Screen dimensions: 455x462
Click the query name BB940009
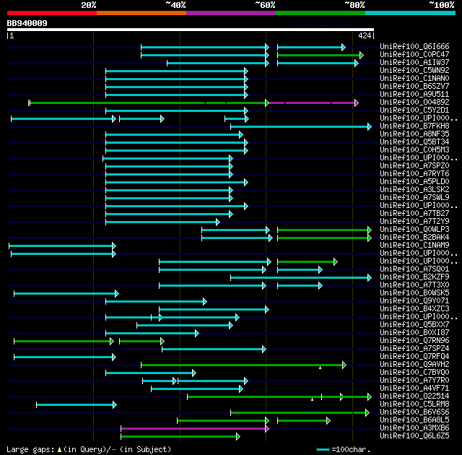(x=27, y=23)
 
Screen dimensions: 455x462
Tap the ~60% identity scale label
(x=264, y=5)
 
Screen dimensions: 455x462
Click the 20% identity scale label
(x=89, y=5)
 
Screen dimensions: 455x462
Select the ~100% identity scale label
(x=440, y=5)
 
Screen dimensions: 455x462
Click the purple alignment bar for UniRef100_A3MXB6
(x=194, y=428)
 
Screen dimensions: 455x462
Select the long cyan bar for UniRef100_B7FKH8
(x=300, y=126)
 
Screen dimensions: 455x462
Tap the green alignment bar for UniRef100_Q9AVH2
(x=243, y=365)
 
